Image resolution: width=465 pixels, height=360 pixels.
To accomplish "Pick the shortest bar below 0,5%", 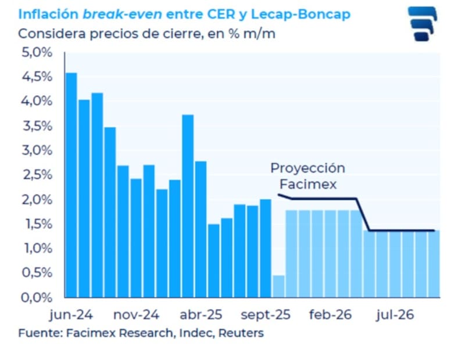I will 278,286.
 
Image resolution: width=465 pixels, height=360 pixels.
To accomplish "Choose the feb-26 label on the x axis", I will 330,315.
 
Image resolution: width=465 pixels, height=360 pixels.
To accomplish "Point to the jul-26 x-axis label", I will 395,315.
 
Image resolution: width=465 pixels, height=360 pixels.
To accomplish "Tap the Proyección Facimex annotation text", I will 307,175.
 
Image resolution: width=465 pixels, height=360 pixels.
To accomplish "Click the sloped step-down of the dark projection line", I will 363,215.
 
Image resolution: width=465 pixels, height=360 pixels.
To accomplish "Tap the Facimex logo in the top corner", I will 421,23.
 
